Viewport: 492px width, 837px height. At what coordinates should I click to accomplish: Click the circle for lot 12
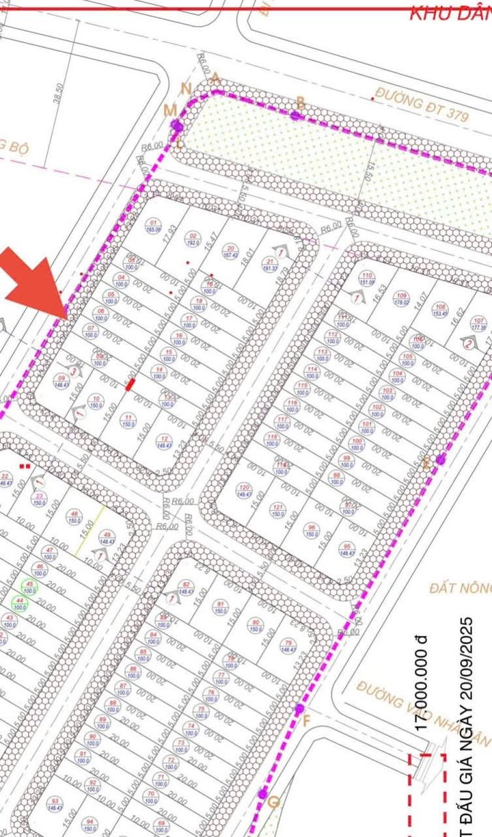click(x=163, y=442)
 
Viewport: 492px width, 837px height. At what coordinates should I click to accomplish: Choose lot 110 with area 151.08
click(x=366, y=278)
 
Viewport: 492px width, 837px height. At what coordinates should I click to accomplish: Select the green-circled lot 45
click(x=29, y=586)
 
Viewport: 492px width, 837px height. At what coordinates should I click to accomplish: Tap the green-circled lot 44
click(x=20, y=603)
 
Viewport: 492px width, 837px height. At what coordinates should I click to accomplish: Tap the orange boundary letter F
click(x=306, y=721)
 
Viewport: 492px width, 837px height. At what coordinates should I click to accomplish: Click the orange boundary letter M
click(x=169, y=110)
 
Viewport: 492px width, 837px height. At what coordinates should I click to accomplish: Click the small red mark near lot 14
click(x=130, y=385)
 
